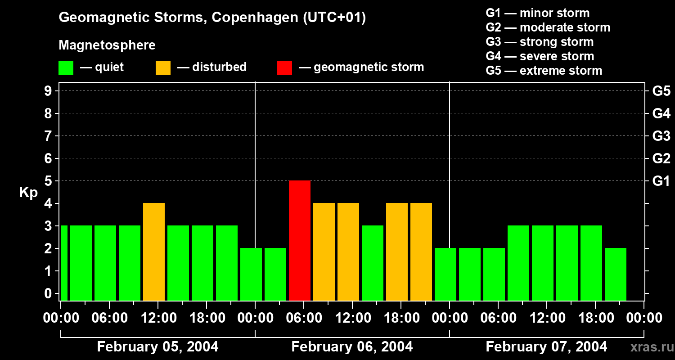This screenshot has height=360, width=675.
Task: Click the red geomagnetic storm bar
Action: (x=300, y=240)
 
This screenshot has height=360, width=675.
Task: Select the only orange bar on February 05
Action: (x=154, y=252)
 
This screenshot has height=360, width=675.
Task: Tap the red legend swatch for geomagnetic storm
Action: (x=284, y=67)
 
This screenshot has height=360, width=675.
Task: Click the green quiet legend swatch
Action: (x=66, y=67)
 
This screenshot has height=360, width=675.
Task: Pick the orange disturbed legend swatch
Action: (x=163, y=67)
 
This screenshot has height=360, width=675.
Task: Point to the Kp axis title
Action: (x=28, y=192)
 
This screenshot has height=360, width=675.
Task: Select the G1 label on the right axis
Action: (x=661, y=181)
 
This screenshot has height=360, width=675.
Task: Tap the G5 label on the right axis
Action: (x=661, y=91)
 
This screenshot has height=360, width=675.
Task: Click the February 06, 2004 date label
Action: (x=352, y=346)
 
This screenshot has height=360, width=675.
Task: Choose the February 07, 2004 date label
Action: (x=546, y=346)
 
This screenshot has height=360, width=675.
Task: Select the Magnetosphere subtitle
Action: (x=107, y=45)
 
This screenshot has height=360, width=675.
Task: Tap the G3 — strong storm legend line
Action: (x=540, y=42)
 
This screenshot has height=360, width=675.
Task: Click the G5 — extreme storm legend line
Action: (x=544, y=71)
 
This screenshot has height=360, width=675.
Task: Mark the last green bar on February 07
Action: (x=616, y=274)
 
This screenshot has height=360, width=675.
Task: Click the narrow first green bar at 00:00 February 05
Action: (x=64, y=263)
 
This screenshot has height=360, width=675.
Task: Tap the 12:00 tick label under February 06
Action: (x=352, y=318)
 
